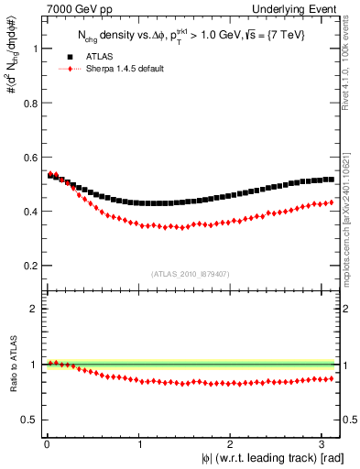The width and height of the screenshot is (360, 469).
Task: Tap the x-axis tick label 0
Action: click(x=47, y=445)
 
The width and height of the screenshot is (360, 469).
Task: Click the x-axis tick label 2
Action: click(x=233, y=445)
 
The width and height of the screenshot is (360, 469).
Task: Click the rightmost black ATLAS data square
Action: click(x=330, y=180)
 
